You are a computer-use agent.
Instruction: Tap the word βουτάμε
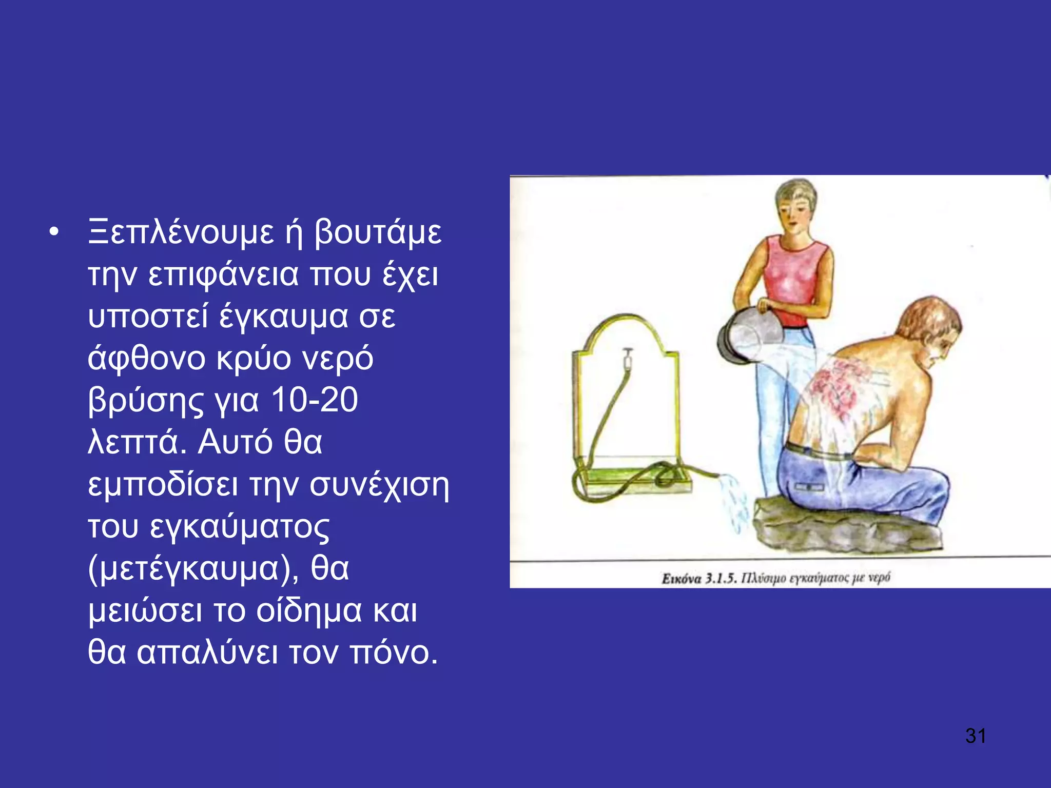coord(378,233)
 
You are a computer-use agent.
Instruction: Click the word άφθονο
coord(146,359)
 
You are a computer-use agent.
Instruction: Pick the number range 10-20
coord(314,401)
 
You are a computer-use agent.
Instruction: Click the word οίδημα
coord(309,611)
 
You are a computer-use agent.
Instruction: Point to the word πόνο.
coord(394,653)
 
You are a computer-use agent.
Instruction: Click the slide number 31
coord(975,736)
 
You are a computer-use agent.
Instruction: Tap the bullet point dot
coord(53,233)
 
